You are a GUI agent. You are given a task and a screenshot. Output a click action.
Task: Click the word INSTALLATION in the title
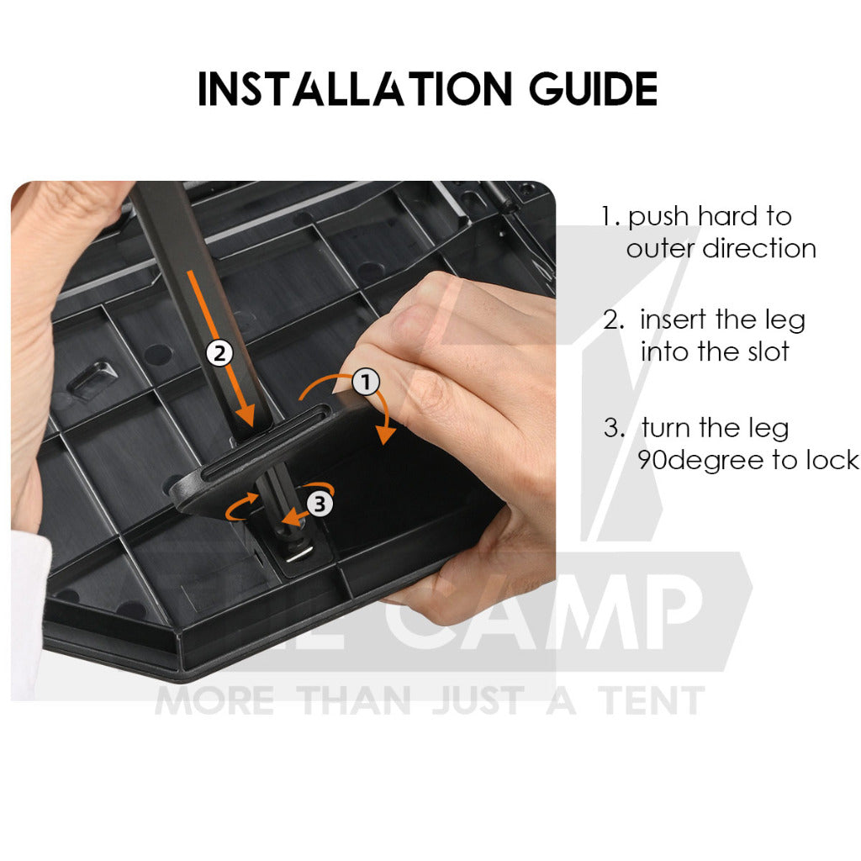click(355, 88)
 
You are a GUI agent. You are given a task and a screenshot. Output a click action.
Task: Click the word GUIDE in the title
click(593, 88)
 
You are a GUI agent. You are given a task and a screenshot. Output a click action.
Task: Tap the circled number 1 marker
click(366, 382)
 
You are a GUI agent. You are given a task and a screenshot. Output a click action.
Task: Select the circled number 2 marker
click(219, 352)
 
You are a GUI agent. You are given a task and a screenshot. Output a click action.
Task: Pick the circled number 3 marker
click(320, 503)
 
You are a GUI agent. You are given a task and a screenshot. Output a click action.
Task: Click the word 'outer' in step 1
click(661, 249)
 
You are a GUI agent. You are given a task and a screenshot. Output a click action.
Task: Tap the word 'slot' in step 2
click(769, 351)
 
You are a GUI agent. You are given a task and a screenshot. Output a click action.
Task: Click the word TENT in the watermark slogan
click(652, 700)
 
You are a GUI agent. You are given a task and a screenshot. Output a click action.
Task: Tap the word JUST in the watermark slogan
click(478, 700)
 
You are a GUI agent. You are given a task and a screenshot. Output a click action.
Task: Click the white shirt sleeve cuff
click(30, 615)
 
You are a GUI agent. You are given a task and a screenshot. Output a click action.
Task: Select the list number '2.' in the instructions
click(614, 320)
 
